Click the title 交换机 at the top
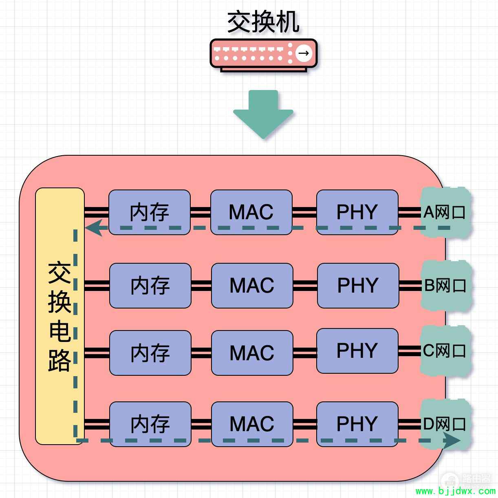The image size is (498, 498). (263, 22)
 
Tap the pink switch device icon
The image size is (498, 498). (264, 55)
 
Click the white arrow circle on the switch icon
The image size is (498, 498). (304, 53)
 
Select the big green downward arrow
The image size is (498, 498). (263, 115)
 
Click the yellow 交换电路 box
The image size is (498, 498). (59, 316)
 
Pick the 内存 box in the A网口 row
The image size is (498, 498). (150, 212)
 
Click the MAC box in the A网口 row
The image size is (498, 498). (251, 212)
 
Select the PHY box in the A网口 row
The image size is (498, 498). (357, 212)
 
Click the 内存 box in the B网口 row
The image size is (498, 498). (150, 286)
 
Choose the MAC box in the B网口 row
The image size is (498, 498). (252, 286)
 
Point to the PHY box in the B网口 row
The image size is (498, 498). (358, 286)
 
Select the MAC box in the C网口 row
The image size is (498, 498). (252, 353)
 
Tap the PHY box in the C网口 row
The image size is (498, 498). (357, 351)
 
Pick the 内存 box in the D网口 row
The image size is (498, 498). (150, 424)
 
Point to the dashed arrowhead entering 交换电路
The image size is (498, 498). (93, 228)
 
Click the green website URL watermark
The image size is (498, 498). (455, 491)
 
